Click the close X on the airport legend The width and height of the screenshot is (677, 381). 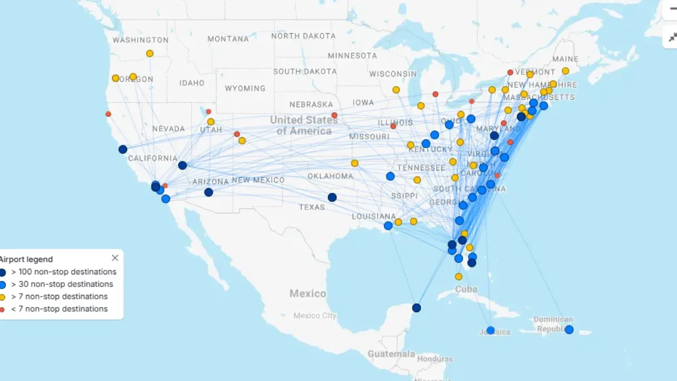115,258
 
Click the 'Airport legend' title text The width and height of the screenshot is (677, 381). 26,259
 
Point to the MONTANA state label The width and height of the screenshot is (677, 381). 228,39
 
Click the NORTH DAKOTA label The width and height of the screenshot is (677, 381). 303,36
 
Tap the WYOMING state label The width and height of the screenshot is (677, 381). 245,88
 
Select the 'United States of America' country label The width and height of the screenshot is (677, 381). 304,126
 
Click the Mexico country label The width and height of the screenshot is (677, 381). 308,293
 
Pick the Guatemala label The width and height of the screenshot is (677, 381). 391,354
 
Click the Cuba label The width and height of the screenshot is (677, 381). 466,289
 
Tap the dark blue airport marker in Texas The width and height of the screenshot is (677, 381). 332,197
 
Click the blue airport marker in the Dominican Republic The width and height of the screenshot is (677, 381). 569,329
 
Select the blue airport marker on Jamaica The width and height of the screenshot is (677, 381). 490,330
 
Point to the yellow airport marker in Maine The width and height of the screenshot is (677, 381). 565,71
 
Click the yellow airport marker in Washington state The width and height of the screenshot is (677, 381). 149,53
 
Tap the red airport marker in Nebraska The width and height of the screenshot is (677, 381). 334,116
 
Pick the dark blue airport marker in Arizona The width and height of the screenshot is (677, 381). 208,192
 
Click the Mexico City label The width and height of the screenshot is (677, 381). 314,315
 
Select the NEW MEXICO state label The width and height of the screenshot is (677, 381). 258,180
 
